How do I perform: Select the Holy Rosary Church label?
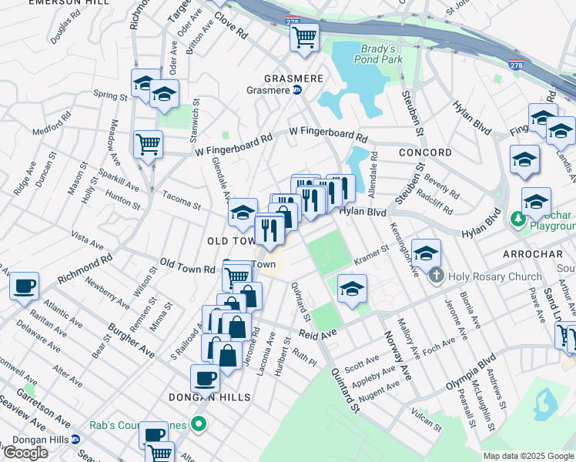click(487, 276)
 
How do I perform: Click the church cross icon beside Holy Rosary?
click(437, 276)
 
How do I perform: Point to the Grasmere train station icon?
click(297, 90)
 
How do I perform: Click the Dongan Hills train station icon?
click(75, 440)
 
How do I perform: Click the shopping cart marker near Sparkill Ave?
click(148, 142)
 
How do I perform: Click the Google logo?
click(25, 453)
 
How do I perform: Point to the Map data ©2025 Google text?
click(527, 456)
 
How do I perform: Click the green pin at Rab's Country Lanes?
click(199, 423)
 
